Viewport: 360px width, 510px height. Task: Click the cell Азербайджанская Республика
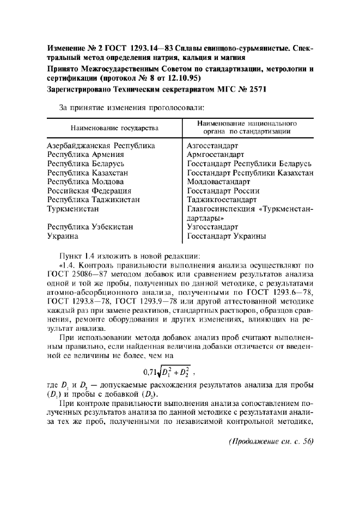pos(101,145)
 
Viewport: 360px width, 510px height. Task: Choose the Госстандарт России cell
pos(223,191)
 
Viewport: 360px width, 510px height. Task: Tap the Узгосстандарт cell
pos(212,227)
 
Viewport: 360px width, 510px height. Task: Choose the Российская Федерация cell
pos(89,191)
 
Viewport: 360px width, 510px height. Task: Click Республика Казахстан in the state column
pos(88,173)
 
